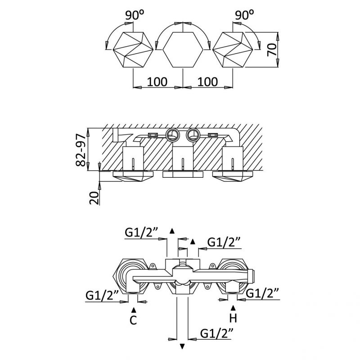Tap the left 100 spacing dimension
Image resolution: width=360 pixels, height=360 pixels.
[157, 82]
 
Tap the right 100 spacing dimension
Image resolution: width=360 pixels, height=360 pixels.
[208, 82]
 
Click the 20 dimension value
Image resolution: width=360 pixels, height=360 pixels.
[94, 197]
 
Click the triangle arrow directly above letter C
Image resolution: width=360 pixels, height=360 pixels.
[133, 310]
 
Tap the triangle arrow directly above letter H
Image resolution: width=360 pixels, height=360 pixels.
[233, 308]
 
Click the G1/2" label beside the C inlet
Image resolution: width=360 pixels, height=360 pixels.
[102, 296]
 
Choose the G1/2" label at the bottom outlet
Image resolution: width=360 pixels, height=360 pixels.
[218, 333]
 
